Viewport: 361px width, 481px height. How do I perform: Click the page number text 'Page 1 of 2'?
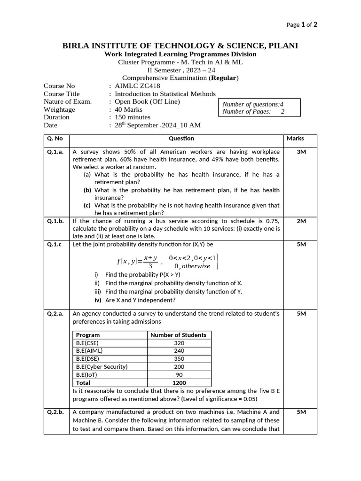[301, 25]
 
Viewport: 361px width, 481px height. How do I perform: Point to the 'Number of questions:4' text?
[253, 104]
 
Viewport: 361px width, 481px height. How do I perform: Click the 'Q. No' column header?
[55, 139]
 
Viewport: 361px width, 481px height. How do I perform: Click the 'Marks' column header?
[295, 139]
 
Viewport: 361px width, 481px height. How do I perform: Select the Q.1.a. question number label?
[55, 152]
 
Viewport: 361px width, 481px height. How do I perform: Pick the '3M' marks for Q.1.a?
[301, 152]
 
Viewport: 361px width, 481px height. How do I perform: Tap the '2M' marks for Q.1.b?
[301, 221]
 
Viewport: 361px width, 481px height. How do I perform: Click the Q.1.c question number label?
[55, 245]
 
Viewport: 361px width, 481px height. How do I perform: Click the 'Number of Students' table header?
[178, 335]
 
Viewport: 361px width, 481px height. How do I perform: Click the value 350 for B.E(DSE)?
[179, 359]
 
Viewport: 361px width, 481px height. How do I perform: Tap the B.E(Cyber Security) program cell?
[102, 367]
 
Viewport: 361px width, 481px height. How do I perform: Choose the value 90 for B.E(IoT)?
[179, 375]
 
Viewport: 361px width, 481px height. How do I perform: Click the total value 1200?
[179, 383]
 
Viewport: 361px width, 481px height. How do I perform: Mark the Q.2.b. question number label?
[55, 412]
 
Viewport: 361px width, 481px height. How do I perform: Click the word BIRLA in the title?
[76, 46]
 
